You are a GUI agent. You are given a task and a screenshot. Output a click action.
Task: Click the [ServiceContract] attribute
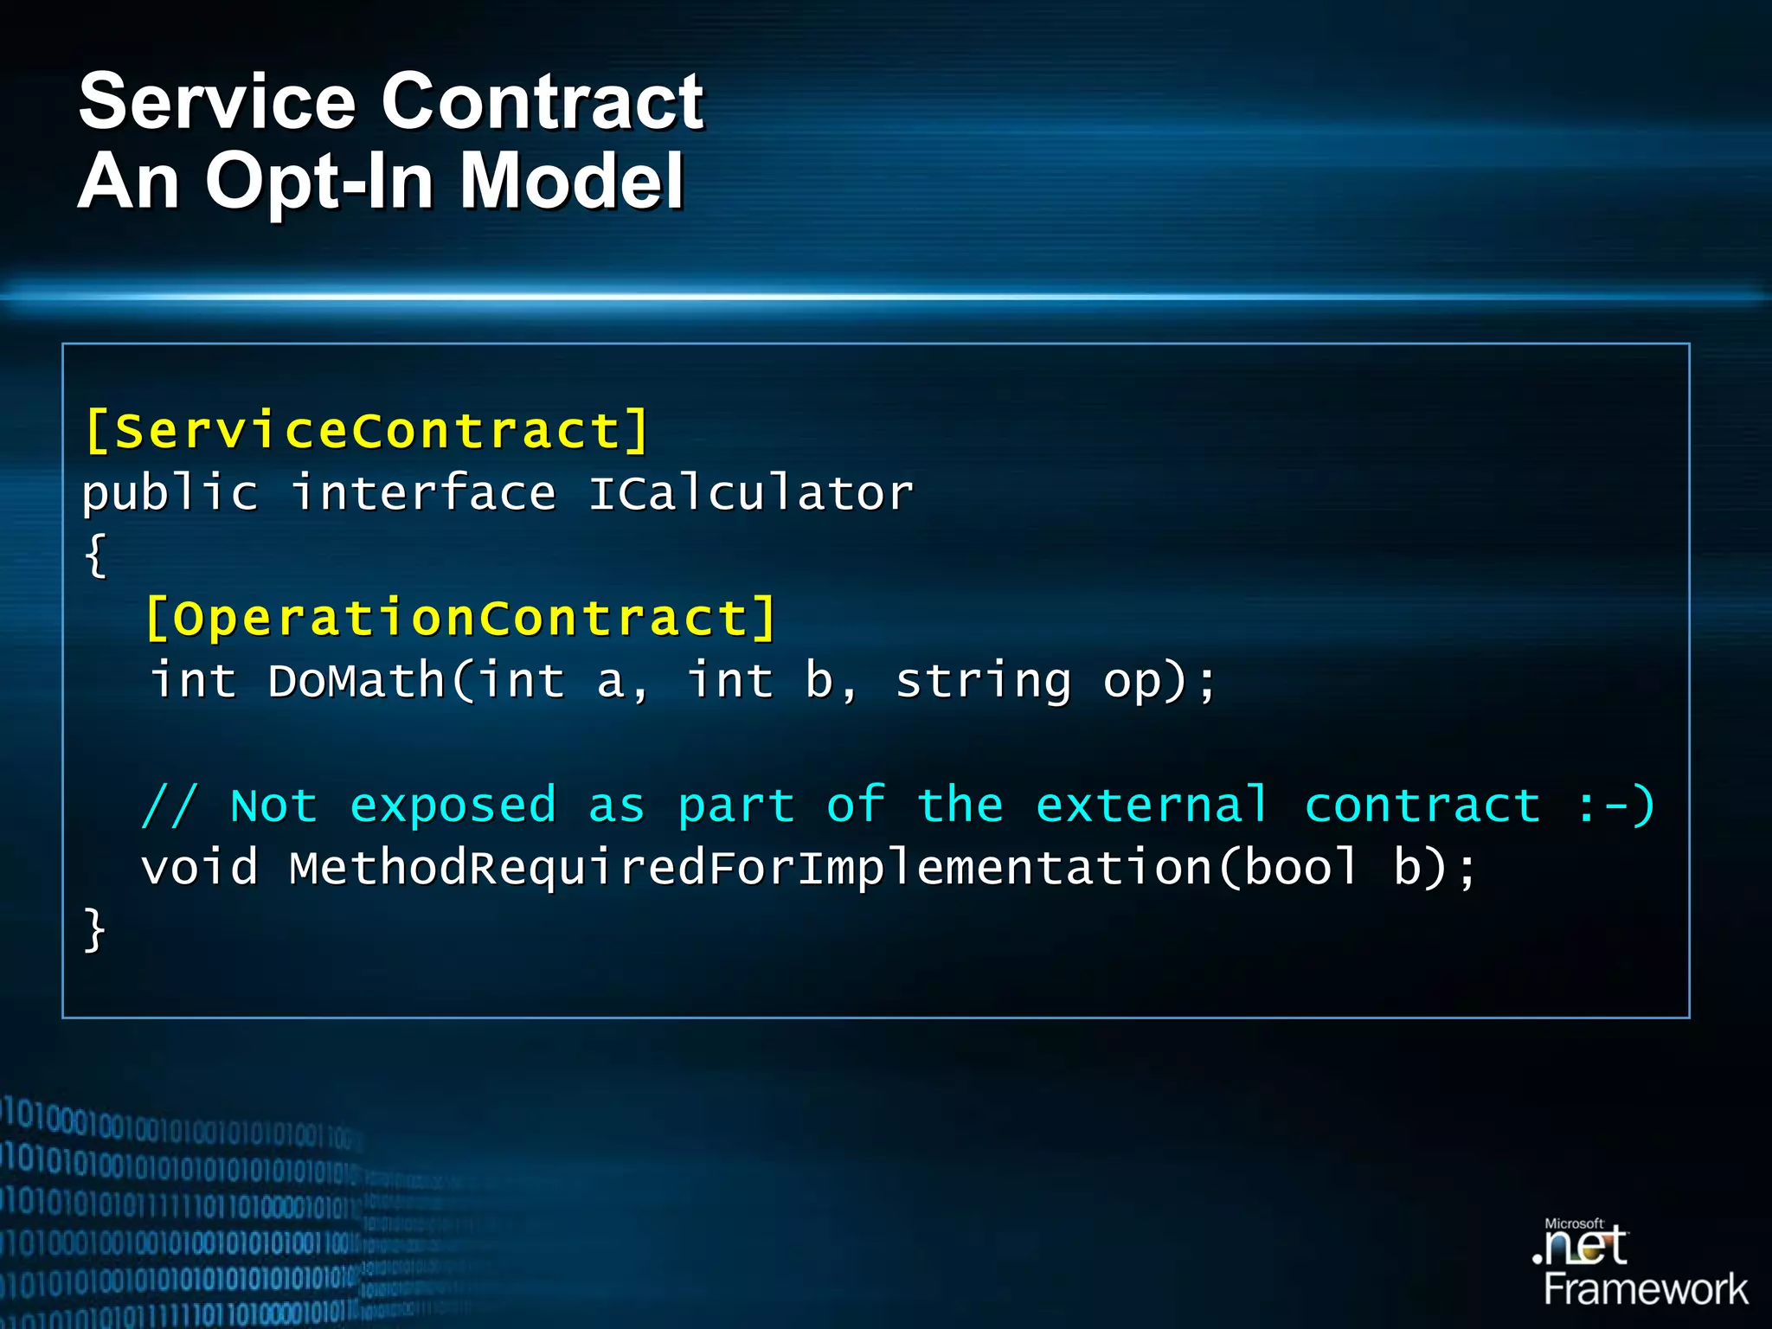coord(367,430)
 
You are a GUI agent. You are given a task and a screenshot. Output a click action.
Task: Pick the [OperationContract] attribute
coord(460,618)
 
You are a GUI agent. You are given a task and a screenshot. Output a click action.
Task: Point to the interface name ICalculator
coord(750,494)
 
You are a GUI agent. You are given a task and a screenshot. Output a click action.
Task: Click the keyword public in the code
coord(170,494)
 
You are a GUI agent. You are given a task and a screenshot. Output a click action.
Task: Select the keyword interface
coord(423,494)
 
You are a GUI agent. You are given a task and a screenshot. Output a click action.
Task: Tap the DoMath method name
coord(356,680)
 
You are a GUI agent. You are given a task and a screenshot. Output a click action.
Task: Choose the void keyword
coord(200,867)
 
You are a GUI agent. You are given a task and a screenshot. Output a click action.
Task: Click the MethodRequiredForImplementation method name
coord(750,867)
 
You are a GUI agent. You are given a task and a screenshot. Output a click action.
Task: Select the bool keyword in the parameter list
coord(1300,867)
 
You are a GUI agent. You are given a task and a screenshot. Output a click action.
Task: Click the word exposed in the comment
coord(453,806)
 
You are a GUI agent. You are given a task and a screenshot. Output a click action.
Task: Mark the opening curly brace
coord(95,555)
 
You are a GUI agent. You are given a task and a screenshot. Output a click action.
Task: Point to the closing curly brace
coord(94,930)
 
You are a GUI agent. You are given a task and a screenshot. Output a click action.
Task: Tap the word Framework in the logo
coord(1646,1289)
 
